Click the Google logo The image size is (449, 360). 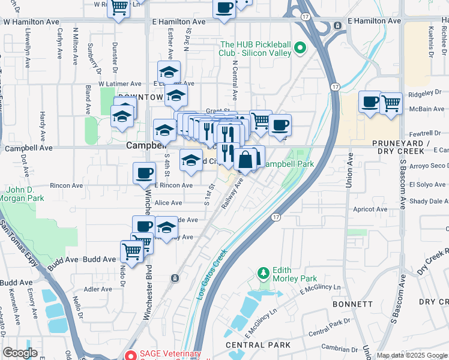click(20, 353)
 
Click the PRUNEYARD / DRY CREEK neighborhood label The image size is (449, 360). click(401, 148)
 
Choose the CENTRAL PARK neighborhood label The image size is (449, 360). click(258, 345)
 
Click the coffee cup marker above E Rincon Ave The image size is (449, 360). click(144, 173)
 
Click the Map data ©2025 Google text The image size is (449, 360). click(411, 355)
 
